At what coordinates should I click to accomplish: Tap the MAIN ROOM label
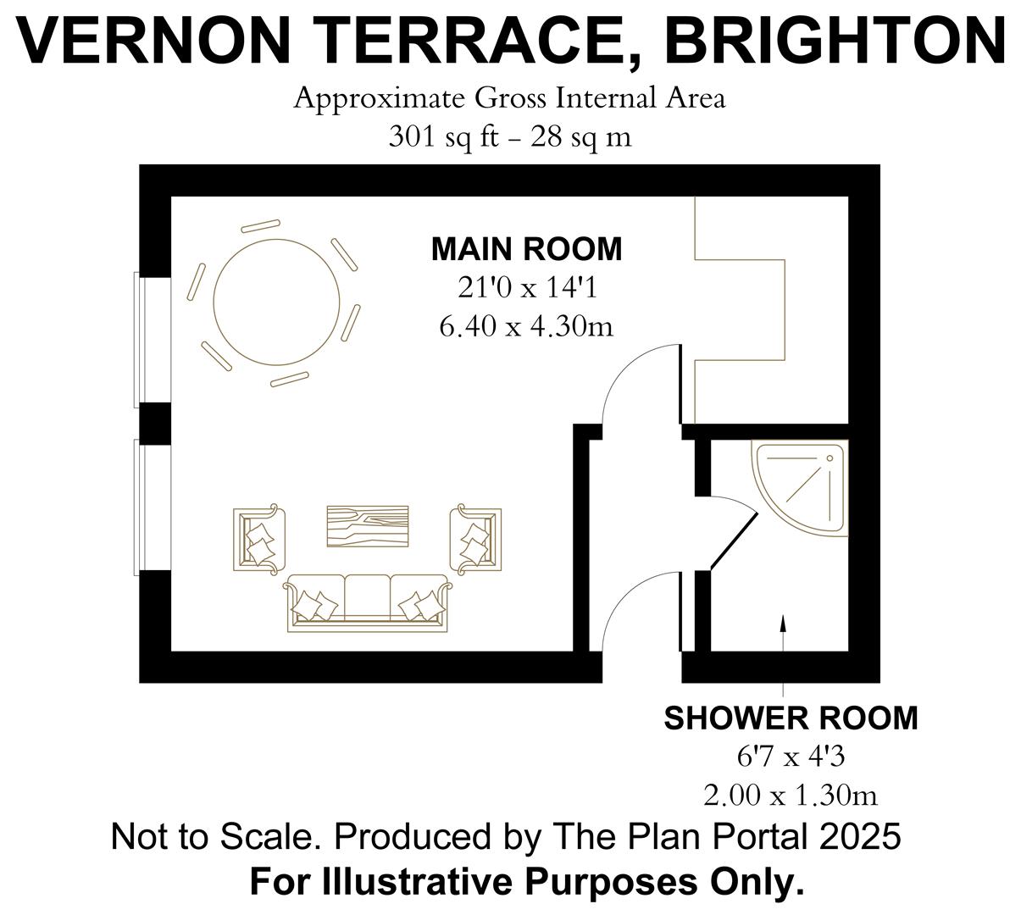526,249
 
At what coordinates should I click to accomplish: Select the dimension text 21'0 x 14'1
527,288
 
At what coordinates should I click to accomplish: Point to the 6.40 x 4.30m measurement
526,325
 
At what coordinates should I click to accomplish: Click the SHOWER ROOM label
791,718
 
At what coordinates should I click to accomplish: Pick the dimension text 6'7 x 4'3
790,757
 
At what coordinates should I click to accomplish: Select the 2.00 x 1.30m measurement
790,796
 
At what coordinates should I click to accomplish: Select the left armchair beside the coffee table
259,538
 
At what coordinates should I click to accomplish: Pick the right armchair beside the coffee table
476,538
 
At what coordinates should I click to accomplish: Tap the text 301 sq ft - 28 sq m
510,136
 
